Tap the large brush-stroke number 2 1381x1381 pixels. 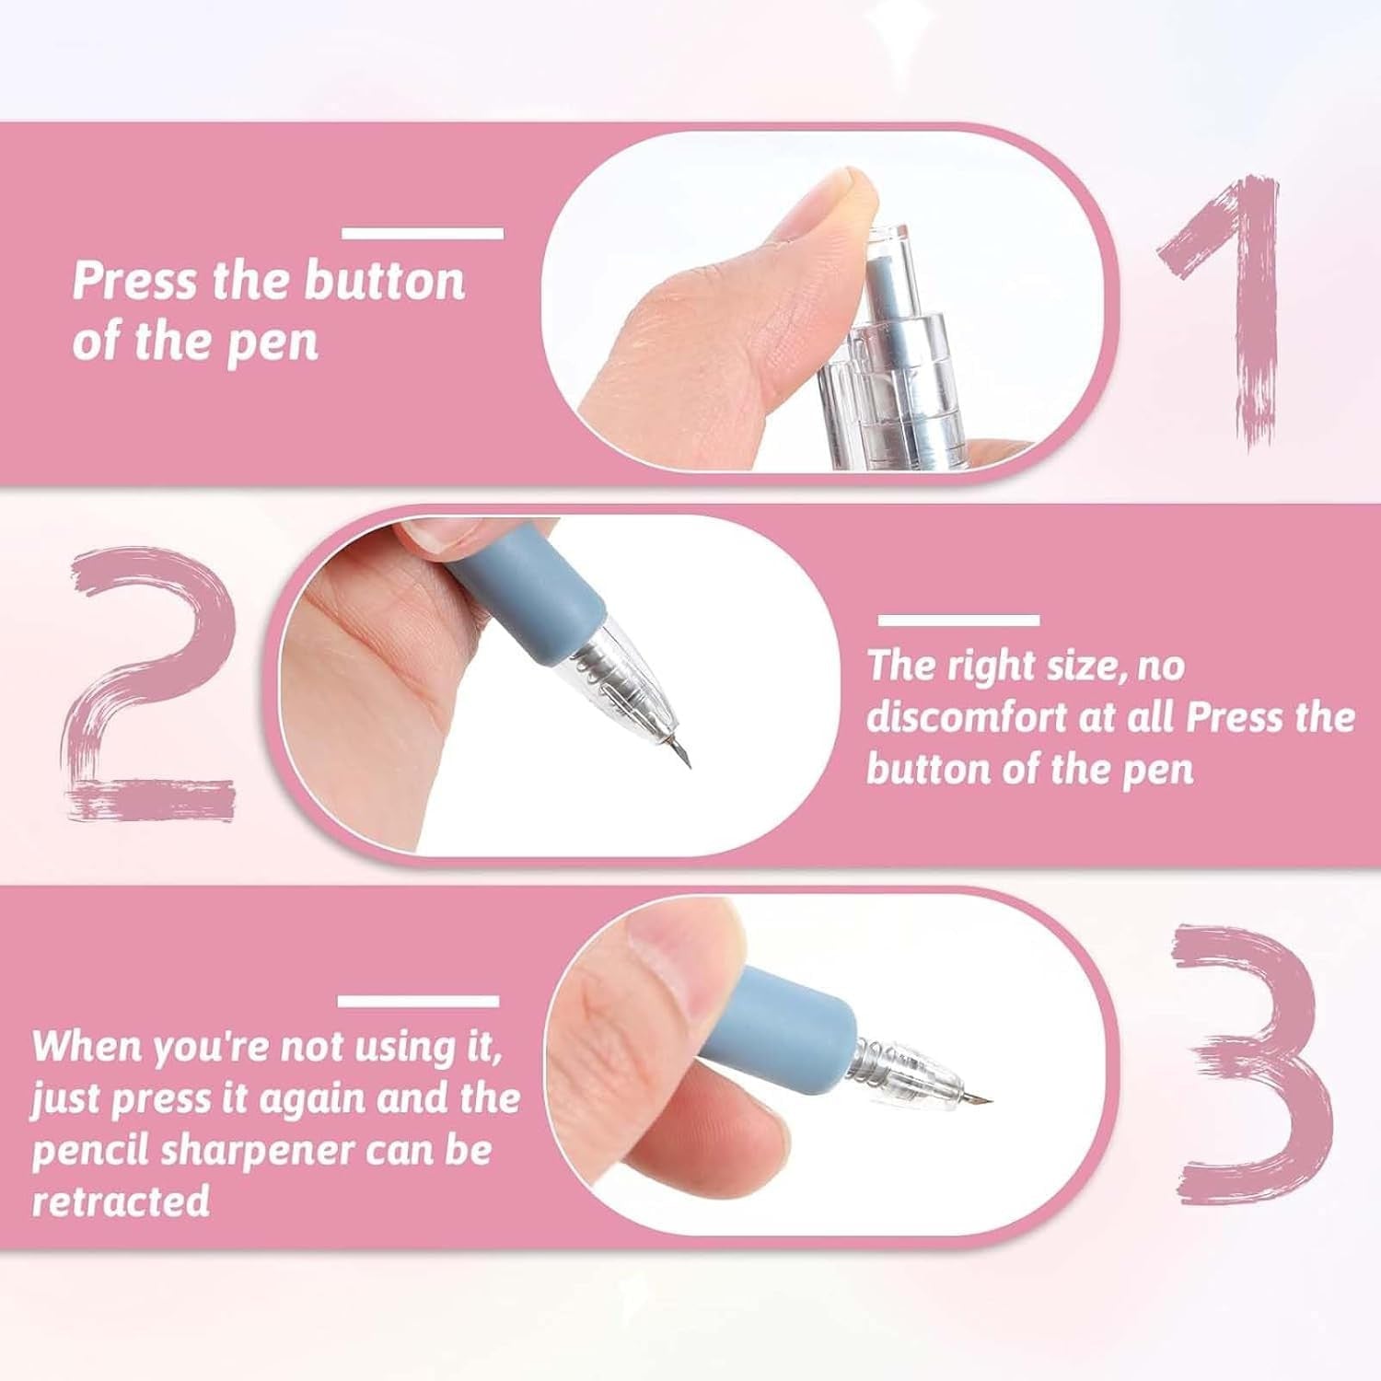(x=147, y=681)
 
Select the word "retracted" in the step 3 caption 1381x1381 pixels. (x=121, y=1201)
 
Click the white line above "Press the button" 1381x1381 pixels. (x=423, y=233)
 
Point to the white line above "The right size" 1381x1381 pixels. (x=958, y=620)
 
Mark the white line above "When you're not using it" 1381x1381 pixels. (x=418, y=1001)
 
